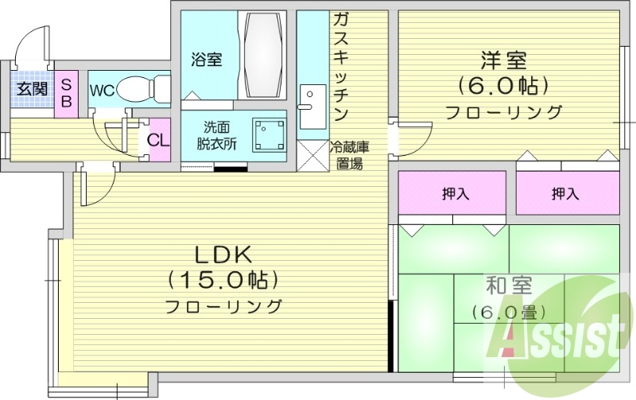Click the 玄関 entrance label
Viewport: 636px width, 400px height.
coord(32,89)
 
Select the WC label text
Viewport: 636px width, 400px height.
coord(102,91)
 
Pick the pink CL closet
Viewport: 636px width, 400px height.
coord(158,140)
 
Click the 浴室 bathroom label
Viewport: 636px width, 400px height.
coord(206,59)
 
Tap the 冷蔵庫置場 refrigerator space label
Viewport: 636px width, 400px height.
coord(349,155)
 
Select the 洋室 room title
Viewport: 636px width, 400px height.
coord(503,60)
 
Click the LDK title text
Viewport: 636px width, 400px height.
coord(224,254)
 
